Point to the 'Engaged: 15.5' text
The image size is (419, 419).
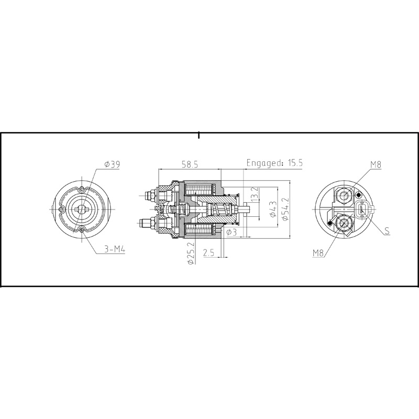pos(274,163)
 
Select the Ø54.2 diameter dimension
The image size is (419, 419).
pos(285,210)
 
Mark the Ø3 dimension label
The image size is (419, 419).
pos(232,231)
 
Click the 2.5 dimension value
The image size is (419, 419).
pos(208,253)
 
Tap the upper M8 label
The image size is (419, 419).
pos(375,164)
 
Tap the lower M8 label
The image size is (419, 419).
pos(319,253)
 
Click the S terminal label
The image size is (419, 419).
pos(387,230)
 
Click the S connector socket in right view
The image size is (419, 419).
pos(362,210)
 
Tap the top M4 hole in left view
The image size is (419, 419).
pos(83,190)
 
